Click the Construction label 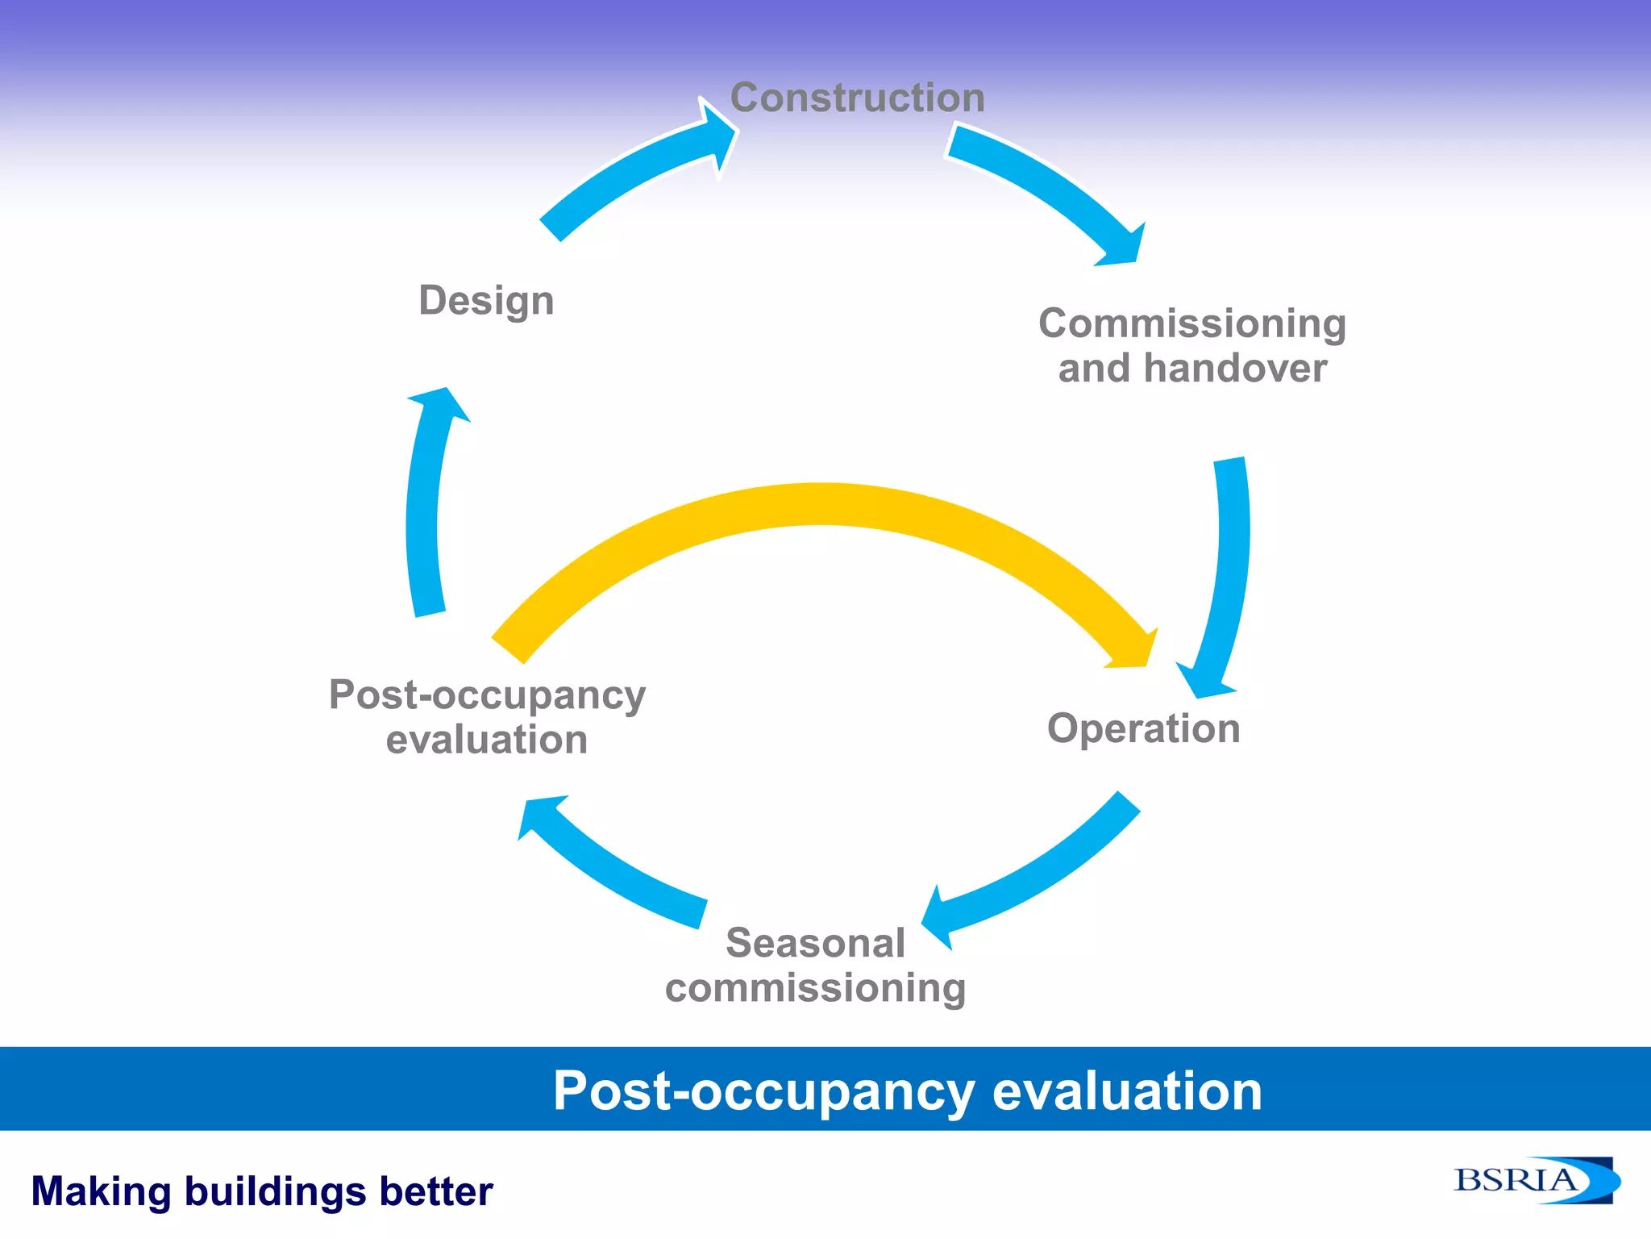[857, 98]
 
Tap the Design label [486, 300]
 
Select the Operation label [1143, 728]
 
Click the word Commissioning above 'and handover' [1191, 323]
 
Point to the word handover [1235, 369]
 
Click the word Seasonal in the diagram [815, 942]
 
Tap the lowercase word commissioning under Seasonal [815, 987]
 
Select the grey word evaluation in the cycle [487, 740]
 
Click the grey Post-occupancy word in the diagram [487, 695]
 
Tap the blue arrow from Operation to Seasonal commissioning [1040, 871]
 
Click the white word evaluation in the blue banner [1126, 1091]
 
